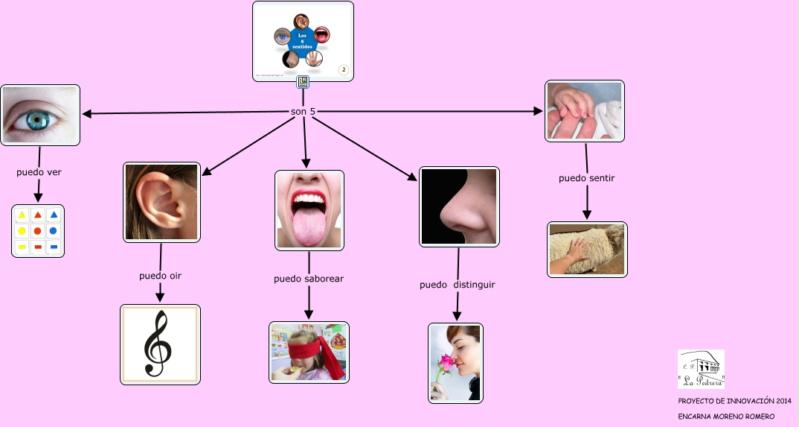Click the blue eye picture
pyautogui.click(x=40, y=115)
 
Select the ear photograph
pyautogui.click(x=161, y=202)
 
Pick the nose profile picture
pyautogui.click(x=459, y=206)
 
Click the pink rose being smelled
pyautogui.click(x=446, y=363)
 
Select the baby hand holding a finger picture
pyautogui.click(x=584, y=111)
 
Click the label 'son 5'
pyautogui.click(x=303, y=112)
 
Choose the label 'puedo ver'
pyautogui.click(x=39, y=172)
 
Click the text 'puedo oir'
pyautogui.click(x=160, y=276)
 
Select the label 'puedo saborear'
pyautogui.click(x=309, y=279)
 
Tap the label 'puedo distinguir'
pyautogui.click(x=457, y=285)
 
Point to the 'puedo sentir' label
pyautogui.click(x=586, y=178)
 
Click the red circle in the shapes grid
pyautogui.click(x=38, y=231)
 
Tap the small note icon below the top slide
pyautogui.click(x=303, y=82)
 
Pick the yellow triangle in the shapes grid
pyautogui.click(x=22, y=215)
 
